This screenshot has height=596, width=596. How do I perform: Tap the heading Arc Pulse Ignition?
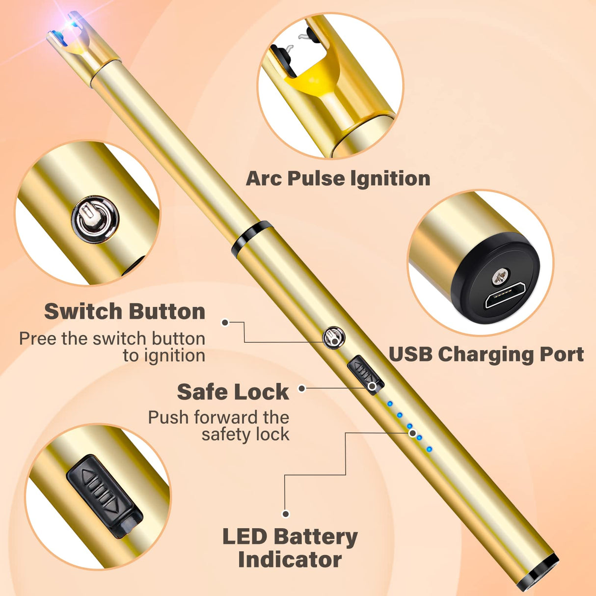(x=338, y=178)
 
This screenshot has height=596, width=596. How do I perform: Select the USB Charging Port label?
(x=486, y=354)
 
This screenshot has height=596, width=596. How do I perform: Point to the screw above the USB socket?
(x=499, y=278)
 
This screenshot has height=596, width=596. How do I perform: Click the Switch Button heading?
(x=125, y=311)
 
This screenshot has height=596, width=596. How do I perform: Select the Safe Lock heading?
(x=233, y=392)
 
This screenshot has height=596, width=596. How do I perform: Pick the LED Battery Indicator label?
(x=290, y=548)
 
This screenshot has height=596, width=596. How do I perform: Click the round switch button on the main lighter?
(x=334, y=338)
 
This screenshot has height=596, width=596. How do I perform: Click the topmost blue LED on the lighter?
(x=390, y=404)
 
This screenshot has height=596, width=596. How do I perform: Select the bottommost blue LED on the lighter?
(x=429, y=449)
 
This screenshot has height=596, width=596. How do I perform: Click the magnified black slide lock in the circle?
(x=104, y=496)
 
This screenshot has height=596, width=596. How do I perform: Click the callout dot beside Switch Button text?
(x=225, y=323)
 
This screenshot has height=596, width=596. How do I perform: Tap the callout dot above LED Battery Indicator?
(x=286, y=514)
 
